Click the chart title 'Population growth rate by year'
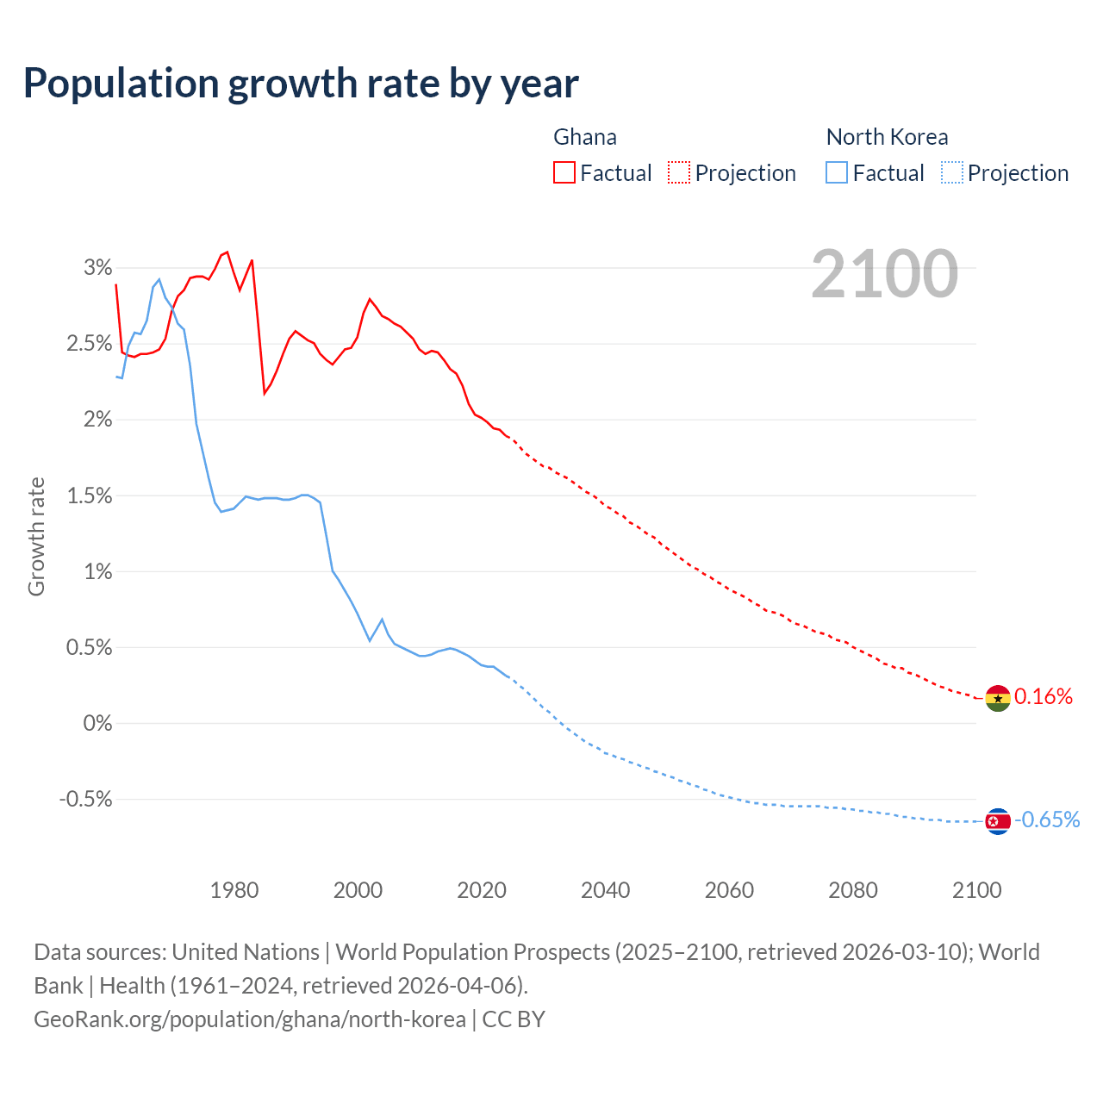[x=301, y=84]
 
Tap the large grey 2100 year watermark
[x=884, y=274]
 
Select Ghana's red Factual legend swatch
[x=564, y=172]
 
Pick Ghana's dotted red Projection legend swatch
[x=679, y=172]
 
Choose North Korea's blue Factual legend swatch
[x=837, y=172]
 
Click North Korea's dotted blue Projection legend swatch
[x=951, y=172]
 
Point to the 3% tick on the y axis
[x=97, y=268]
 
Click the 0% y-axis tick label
[x=97, y=723]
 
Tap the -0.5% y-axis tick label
[x=85, y=799]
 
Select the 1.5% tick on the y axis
[x=90, y=495]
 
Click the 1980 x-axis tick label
[x=234, y=890]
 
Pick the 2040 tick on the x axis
[x=605, y=890]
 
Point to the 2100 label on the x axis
[x=976, y=890]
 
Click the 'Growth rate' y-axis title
[x=36, y=536]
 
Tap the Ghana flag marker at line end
[x=998, y=698]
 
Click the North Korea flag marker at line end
[x=998, y=821]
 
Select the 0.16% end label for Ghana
[x=1044, y=696]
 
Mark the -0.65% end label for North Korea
[x=1047, y=819]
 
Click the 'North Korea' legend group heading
[x=887, y=137]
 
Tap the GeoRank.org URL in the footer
[x=250, y=1019]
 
